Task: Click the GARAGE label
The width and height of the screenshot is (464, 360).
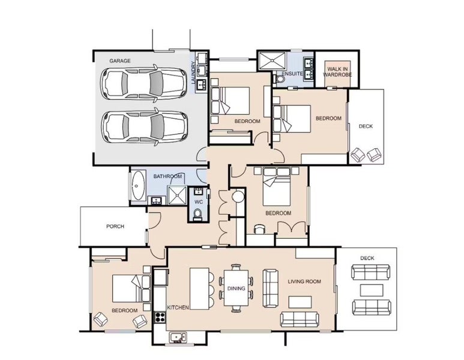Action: pyautogui.click(x=120, y=61)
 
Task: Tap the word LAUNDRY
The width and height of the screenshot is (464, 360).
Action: pyautogui.click(x=193, y=73)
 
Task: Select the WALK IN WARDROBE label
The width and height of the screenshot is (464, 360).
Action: pyautogui.click(x=337, y=72)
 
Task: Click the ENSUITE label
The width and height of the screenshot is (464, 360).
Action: pyautogui.click(x=292, y=73)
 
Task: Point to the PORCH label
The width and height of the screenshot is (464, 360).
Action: pyautogui.click(x=115, y=226)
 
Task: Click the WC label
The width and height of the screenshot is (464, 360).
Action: pyautogui.click(x=199, y=202)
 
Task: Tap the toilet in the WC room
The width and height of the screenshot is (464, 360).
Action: pyautogui.click(x=197, y=215)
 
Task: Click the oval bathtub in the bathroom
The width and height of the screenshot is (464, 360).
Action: pyautogui.click(x=138, y=186)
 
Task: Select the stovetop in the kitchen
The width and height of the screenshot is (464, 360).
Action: pyautogui.click(x=160, y=317)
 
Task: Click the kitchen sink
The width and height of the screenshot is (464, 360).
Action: pyautogui.click(x=178, y=337)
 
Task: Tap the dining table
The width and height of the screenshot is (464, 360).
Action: pyautogui.click(x=236, y=288)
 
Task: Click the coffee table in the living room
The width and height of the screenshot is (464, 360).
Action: pyautogui.click(x=300, y=302)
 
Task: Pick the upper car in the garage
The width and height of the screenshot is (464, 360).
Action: pyautogui.click(x=144, y=83)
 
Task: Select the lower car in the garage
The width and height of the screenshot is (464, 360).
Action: pyautogui.click(x=145, y=127)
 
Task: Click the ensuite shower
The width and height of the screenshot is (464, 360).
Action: pyautogui.click(x=272, y=61)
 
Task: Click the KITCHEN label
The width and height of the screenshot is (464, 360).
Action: pyautogui.click(x=178, y=308)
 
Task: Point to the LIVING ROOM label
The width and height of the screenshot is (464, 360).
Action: pyautogui.click(x=304, y=281)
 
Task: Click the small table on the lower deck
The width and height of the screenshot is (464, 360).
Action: pyautogui.click(x=372, y=290)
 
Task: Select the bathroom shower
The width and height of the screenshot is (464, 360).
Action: pyautogui.click(x=177, y=195)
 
